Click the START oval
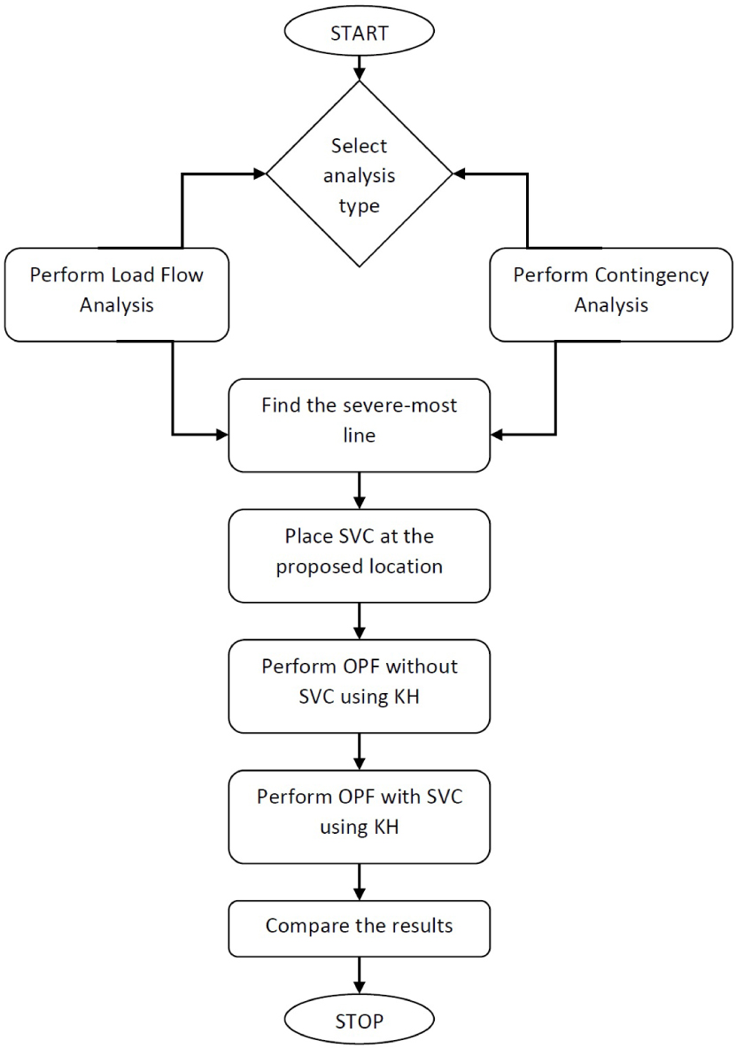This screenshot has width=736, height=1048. [x=359, y=35]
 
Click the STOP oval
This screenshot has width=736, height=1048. [x=359, y=1020]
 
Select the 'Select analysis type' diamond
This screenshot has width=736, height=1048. [x=359, y=176]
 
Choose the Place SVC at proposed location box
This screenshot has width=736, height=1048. [x=359, y=554]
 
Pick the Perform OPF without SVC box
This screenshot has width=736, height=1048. [x=359, y=684]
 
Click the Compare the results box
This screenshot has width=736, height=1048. [x=359, y=928]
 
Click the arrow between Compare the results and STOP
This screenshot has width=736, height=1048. [x=359, y=975]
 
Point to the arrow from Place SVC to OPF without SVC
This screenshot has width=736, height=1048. [x=359, y=620]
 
